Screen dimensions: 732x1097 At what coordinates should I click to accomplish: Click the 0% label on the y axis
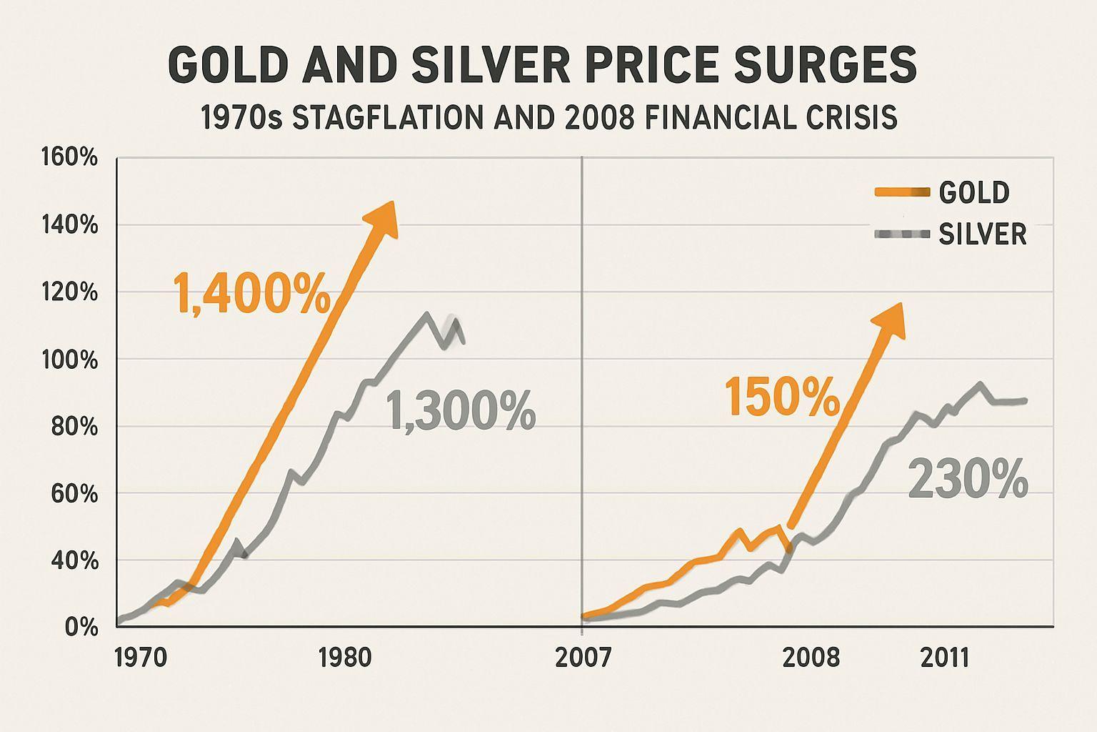(x=81, y=628)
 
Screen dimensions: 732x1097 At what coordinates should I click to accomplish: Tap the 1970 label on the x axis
(x=140, y=657)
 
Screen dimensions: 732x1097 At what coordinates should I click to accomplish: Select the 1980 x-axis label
(x=346, y=657)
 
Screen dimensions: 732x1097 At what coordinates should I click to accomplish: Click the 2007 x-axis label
(x=583, y=657)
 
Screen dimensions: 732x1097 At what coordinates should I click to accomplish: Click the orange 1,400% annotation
(x=251, y=293)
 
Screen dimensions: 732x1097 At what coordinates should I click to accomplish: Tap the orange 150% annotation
(x=782, y=397)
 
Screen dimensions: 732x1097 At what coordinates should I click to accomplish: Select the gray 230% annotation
(x=968, y=480)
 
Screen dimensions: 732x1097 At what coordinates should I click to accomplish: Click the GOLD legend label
(x=974, y=192)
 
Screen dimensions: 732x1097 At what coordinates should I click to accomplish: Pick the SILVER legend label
(x=983, y=234)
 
